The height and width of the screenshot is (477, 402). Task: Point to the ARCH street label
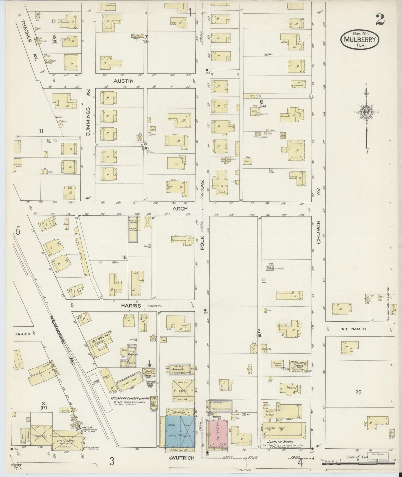180,208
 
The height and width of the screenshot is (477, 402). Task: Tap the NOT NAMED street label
353,329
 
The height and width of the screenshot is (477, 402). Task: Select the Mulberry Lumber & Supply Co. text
134,399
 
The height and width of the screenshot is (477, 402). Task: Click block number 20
358,392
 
